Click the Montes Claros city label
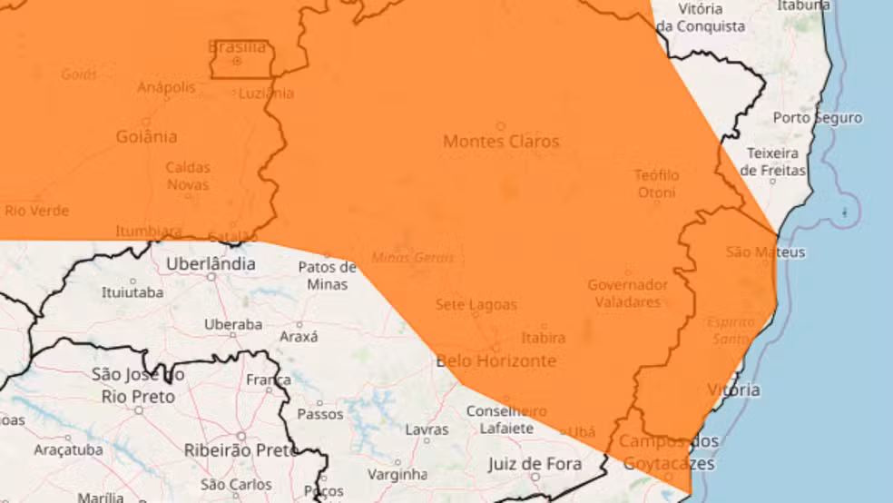501,142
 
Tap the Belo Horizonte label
496,361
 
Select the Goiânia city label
146,137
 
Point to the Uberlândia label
211,264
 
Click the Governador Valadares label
628,293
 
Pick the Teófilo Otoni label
656,183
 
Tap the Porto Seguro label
817,118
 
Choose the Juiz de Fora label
535,465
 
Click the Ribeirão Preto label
240,449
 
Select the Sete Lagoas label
476,305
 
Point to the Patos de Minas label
328,275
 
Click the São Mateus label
765,252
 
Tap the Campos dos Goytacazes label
669,453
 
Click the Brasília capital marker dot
237,62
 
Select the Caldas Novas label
188,176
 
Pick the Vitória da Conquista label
700,17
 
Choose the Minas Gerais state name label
412,258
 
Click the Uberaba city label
232,324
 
